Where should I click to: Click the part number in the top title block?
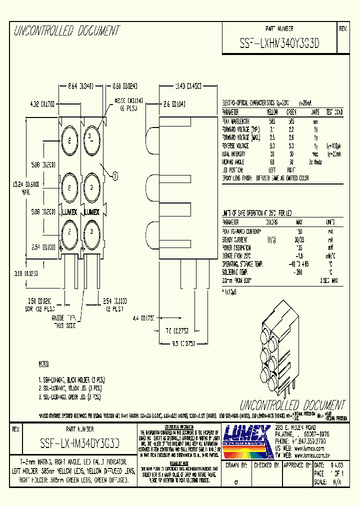click(279, 43)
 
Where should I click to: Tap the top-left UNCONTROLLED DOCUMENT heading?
click(66, 32)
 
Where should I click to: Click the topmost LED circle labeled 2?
click(70, 138)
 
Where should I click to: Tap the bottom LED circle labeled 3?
click(91, 230)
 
